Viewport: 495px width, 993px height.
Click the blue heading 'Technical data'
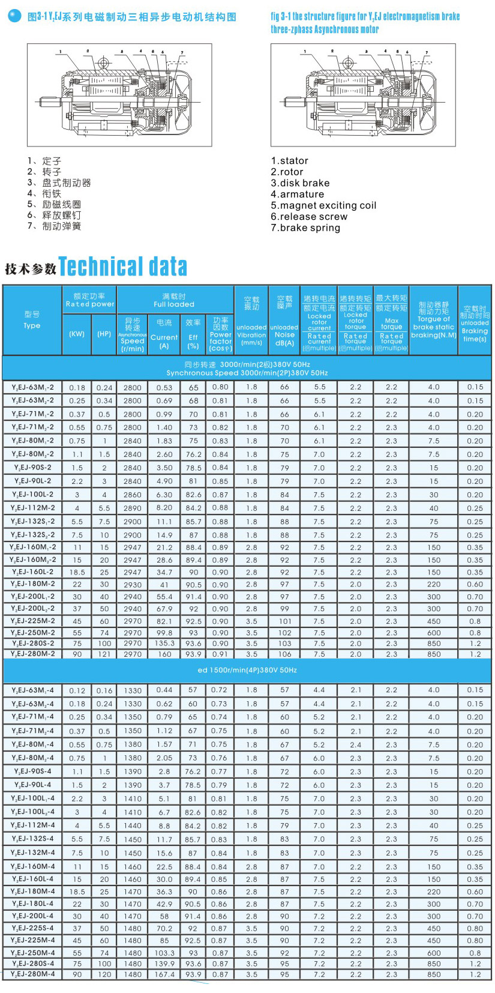click(x=122, y=267)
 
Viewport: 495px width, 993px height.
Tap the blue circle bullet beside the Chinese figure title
click(x=14, y=16)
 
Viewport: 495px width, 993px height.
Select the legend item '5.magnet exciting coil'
click(x=323, y=205)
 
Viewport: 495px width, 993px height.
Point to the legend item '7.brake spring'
click(x=305, y=228)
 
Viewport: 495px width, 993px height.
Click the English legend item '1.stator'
click(x=289, y=161)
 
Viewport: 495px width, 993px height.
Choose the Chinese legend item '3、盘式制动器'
click(x=59, y=183)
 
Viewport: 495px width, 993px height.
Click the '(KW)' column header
click(x=77, y=334)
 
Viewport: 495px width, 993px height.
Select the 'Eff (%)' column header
click(x=193, y=341)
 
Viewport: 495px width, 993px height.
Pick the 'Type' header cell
click(x=32, y=320)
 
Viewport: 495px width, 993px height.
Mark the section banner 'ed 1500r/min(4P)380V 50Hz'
click(x=247, y=670)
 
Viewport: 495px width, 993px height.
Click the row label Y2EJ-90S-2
click(x=33, y=467)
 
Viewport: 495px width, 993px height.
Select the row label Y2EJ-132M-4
click(x=33, y=853)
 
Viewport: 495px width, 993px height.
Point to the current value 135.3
click(x=164, y=643)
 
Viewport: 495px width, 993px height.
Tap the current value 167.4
click(x=164, y=974)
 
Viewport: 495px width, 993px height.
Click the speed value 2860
click(x=132, y=495)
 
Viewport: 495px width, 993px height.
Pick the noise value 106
click(x=284, y=654)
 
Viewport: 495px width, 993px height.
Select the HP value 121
click(x=104, y=654)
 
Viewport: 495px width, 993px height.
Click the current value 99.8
click(x=164, y=633)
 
